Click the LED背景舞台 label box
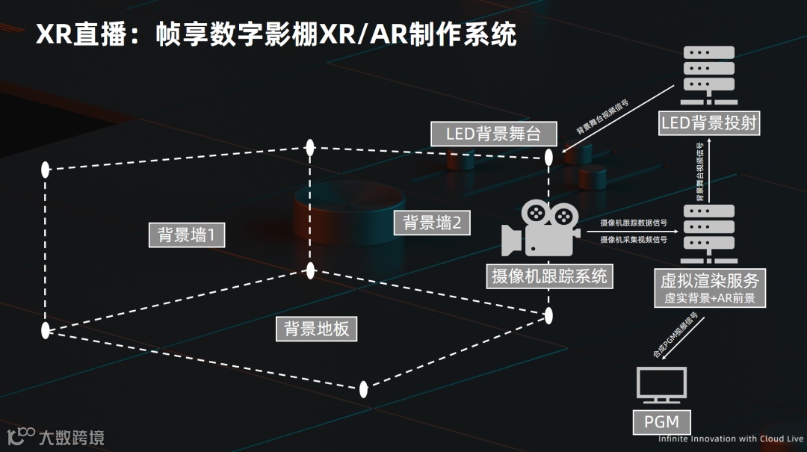495,134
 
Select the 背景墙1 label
187,235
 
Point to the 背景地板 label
317,329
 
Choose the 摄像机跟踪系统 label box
549,276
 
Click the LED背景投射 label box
709,123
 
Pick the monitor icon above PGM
661,385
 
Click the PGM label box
661,421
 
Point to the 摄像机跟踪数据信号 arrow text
634,223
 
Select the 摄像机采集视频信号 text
634,240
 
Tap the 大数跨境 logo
56,437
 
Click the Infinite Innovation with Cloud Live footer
730,439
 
